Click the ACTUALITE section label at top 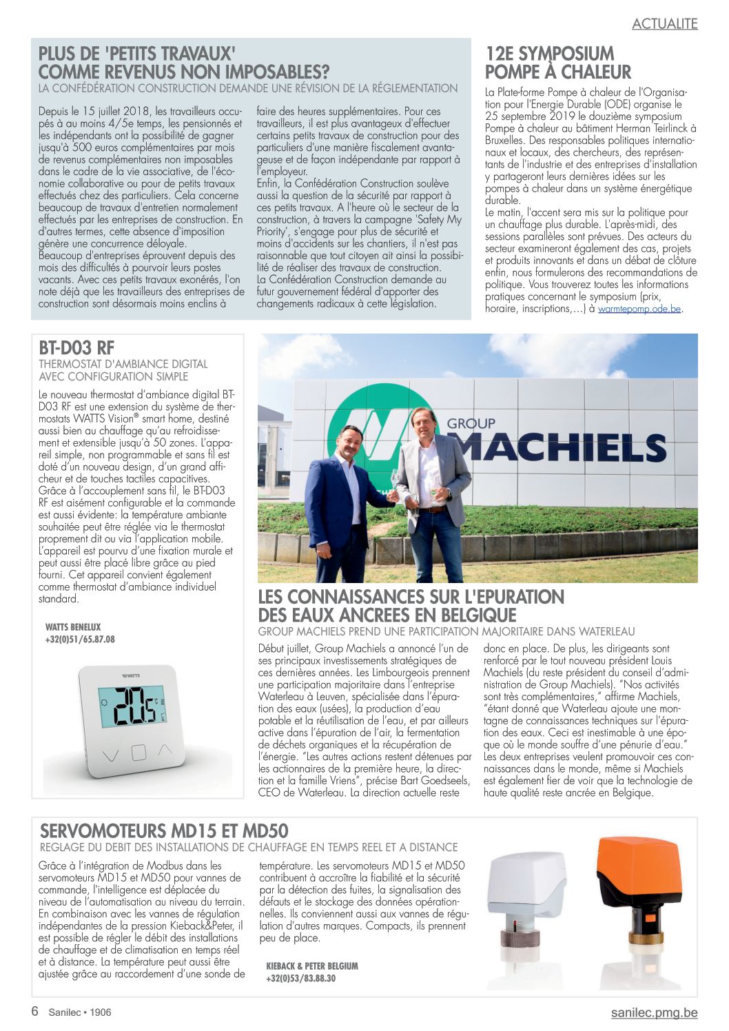[x=664, y=23]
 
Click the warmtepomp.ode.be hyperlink [x=639, y=309]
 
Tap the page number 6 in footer [x=34, y=1012]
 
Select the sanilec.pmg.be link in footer [x=654, y=1012]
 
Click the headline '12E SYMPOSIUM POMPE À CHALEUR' [x=557, y=63]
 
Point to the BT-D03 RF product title [x=76, y=347]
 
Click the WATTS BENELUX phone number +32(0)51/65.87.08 [x=80, y=640]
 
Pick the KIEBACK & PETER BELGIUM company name [x=312, y=966]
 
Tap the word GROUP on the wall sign [x=471, y=423]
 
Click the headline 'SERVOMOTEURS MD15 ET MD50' [x=164, y=830]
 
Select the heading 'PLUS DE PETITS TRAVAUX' [x=184, y=63]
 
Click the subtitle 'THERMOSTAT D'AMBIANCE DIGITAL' [x=123, y=364]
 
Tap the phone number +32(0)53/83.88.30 [x=301, y=979]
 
